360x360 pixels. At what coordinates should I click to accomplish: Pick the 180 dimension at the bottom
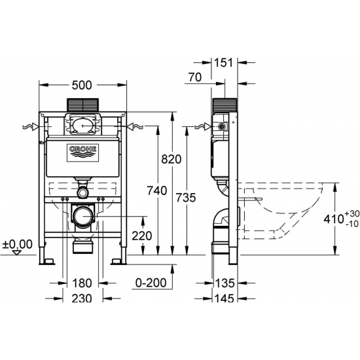click(x=82, y=283)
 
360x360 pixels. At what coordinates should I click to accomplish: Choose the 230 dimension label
click(x=82, y=298)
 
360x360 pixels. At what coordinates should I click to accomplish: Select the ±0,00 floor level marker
click(x=17, y=244)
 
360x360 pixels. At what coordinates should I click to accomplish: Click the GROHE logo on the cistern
click(x=82, y=153)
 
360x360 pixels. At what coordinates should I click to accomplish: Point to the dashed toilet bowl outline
click(x=288, y=209)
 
